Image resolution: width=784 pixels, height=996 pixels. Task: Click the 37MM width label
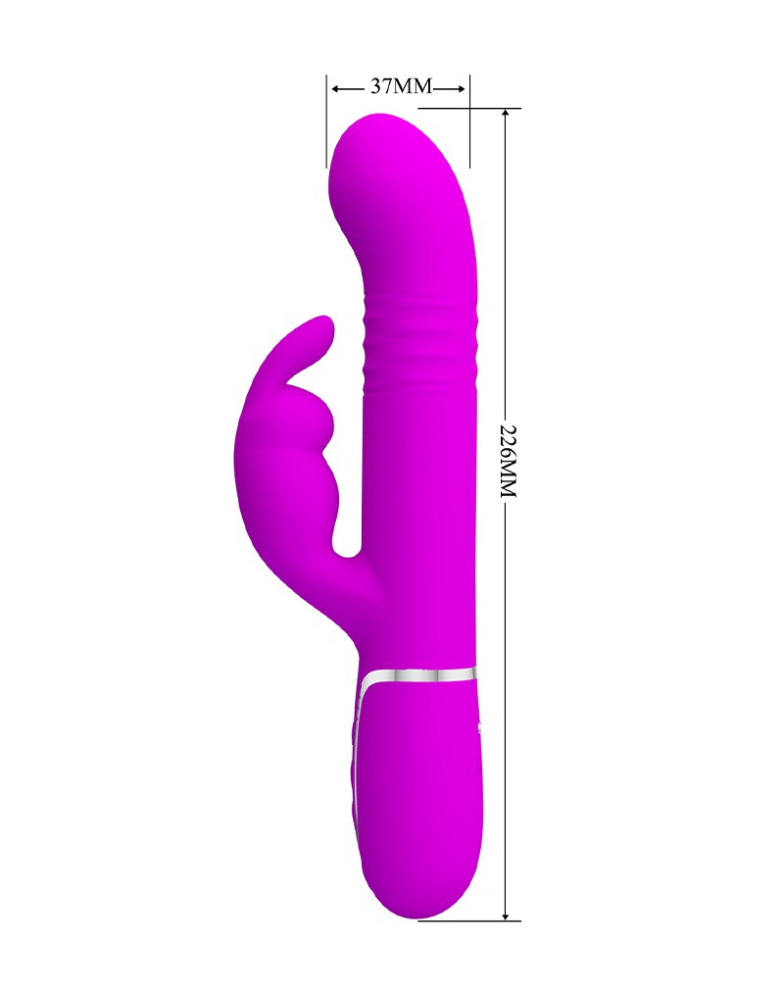[x=400, y=87]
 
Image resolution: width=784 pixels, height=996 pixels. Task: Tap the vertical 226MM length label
[x=507, y=461]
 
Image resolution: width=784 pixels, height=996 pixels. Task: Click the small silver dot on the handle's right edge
[x=479, y=726]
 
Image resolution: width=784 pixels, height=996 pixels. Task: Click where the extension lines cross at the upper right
[x=469, y=108]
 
